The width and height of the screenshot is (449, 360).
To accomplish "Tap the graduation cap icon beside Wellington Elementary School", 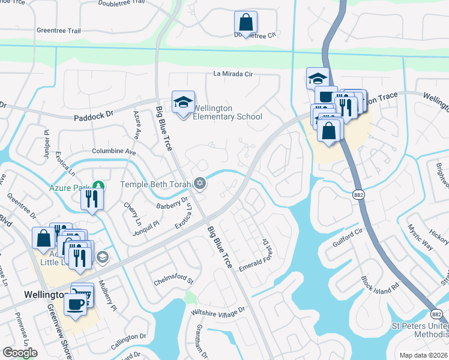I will [184, 101].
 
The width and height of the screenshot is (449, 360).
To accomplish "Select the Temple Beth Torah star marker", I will [200, 184].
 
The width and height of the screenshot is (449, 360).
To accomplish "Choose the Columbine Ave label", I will [113, 152].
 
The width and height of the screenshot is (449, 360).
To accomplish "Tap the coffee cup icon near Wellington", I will [76, 304].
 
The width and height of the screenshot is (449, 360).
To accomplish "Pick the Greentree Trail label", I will [58, 29].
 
